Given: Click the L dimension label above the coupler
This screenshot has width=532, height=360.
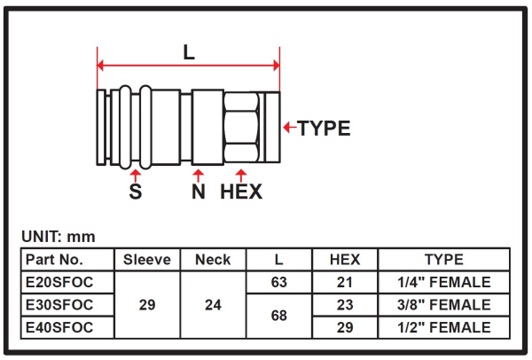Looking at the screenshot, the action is click(x=189, y=52).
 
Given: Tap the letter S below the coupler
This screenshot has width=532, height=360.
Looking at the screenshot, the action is click(x=136, y=192).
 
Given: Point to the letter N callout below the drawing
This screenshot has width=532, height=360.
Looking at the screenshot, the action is click(x=199, y=192).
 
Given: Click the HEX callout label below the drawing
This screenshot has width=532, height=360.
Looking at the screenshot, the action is click(x=241, y=192).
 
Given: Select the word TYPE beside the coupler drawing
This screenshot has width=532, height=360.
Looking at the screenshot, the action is click(x=324, y=129).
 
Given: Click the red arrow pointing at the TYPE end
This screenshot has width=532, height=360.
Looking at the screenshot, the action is click(x=290, y=127).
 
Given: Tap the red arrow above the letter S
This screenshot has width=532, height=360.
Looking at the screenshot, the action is click(x=136, y=176).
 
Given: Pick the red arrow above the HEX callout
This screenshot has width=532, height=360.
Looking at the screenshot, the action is click(x=241, y=176).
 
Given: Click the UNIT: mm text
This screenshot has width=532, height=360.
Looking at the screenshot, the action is click(x=59, y=237).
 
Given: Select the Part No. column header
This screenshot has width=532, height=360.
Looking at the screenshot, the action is click(x=54, y=260).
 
